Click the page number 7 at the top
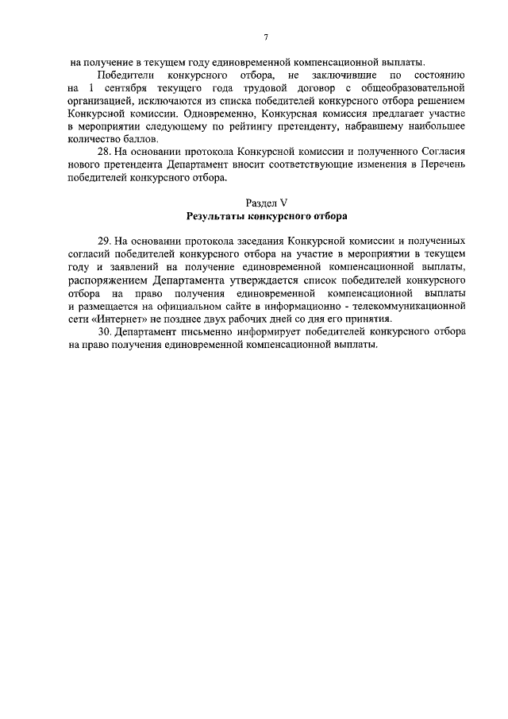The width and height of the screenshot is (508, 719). [x=266, y=37]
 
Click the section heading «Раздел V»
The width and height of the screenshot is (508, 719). [x=266, y=203]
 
